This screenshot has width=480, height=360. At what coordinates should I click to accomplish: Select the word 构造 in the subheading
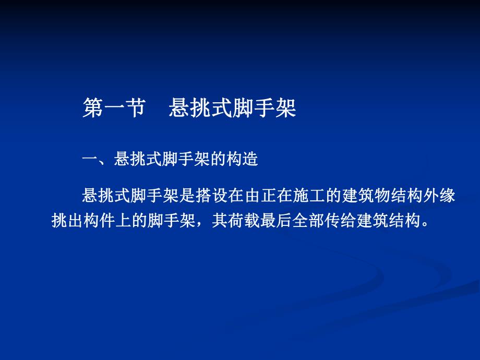(x=243, y=160)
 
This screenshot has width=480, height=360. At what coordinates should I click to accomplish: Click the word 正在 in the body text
(x=277, y=197)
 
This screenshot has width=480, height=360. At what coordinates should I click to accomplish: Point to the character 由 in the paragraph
(x=253, y=197)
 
